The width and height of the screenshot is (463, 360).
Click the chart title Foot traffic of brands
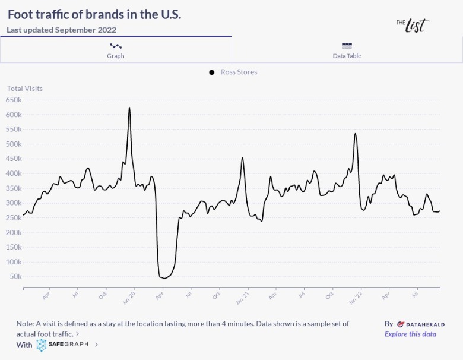pos(94,14)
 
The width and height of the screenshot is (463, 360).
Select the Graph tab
pos(115,49)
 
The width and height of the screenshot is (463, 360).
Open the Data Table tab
pos(347,49)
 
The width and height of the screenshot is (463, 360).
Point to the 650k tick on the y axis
pos(14,100)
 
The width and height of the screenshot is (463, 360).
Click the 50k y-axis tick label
pos(15,277)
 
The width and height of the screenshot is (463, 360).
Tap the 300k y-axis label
pos(14,203)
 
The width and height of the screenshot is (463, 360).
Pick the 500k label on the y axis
pos(14,144)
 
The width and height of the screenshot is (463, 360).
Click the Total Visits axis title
pos(25,89)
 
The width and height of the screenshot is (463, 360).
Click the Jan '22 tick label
pos(354,297)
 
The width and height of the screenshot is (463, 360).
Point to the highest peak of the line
pos(129,108)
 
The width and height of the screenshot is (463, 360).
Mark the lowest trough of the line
pos(163,278)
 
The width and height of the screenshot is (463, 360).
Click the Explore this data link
pos(410,334)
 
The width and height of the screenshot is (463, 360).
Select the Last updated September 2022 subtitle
pos(62,30)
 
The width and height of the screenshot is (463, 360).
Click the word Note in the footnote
pos(26,324)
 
